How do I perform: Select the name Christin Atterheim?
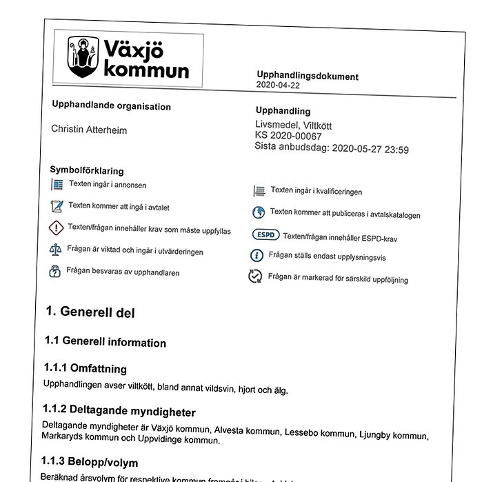[x=89, y=130]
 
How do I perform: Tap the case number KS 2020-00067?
[x=288, y=136]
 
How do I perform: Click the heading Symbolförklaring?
[x=87, y=170]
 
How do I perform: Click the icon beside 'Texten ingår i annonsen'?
[x=57, y=185]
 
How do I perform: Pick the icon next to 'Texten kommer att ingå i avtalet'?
[x=57, y=205]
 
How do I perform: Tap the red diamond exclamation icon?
[x=56, y=228]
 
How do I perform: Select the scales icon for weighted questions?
[x=55, y=250]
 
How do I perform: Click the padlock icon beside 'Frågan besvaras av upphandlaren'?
[x=54, y=271]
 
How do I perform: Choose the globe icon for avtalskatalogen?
[x=259, y=212]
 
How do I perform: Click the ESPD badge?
[x=265, y=234]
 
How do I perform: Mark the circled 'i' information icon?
[x=257, y=256]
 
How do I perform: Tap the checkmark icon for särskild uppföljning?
[x=255, y=277]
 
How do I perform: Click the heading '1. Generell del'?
[x=90, y=312]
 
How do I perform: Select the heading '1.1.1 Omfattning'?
[x=86, y=368]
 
